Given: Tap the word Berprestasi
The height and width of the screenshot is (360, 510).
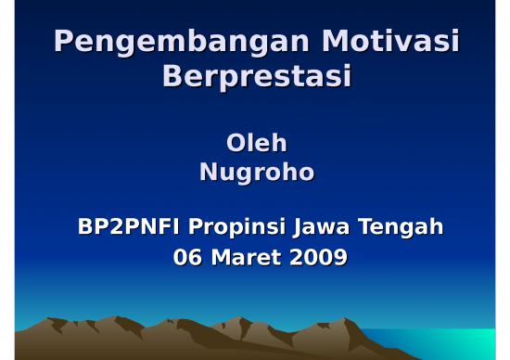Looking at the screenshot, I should [x=257, y=77].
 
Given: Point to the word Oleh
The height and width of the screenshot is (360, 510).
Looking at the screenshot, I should [x=257, y=144].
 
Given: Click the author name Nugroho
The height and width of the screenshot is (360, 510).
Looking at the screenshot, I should [x=257, y=173].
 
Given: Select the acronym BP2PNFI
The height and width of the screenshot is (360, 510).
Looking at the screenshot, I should [x=130, y=227].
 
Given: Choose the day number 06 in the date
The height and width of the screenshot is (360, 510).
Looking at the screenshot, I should [x=189, y=258].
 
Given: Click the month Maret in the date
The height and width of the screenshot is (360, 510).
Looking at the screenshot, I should [x=248, y=258].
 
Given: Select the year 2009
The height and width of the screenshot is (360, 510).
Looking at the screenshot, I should [x=319, y=258].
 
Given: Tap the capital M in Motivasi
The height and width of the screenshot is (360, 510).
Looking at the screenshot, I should [x=336, y=42].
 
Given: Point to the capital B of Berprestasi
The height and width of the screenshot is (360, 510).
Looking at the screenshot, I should [x=173, y=76].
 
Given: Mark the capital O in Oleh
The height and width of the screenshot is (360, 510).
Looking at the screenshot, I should [x=236, y=144].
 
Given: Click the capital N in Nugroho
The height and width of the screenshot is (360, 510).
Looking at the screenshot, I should [x=210, y=172].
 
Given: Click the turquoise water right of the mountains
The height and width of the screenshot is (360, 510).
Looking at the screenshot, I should [x=454, y=343].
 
